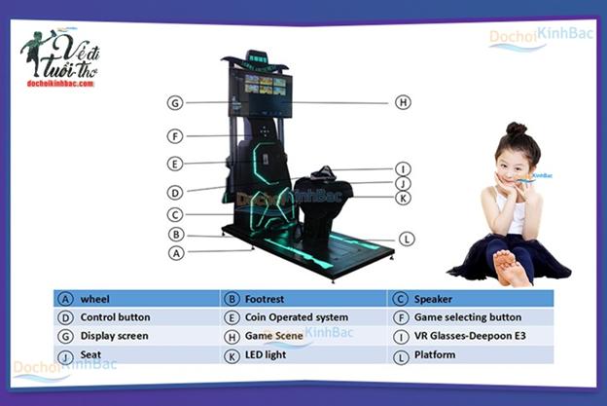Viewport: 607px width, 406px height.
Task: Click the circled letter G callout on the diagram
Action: click(x=175, y=103)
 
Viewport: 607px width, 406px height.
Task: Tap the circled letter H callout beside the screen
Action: click(x=404, y=102)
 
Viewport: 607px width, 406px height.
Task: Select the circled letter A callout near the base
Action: click(x=176, y=252)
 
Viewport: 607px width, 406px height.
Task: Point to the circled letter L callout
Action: click(x=407, y=238)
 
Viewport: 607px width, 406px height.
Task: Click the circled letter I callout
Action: click(x=404, y=169)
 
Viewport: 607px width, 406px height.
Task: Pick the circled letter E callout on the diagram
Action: click(x=175, y=164)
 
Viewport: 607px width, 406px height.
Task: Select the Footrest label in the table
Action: click(x=266, y=299)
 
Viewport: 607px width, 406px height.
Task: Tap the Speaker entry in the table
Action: click(x=435, y=299)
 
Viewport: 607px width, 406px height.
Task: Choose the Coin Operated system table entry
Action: click(x=289, y=317)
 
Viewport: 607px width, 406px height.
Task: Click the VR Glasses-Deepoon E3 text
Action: click(x=467, y=336)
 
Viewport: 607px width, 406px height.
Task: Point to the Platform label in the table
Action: click(x=435, y=355)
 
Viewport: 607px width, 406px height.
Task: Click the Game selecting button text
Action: click(x=468, y=317)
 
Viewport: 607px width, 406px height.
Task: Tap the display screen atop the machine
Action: click(x=261, y=87)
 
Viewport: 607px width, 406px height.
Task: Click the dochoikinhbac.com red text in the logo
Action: click(x=59, y=84)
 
